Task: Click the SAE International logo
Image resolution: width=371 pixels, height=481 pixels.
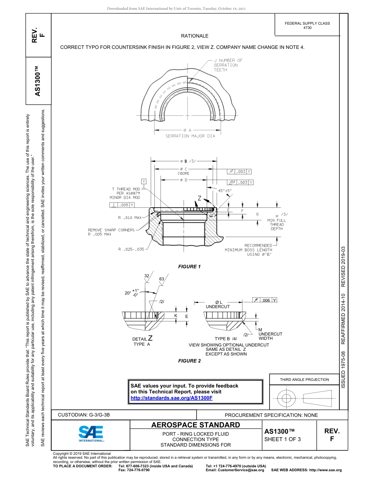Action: coord(91,433)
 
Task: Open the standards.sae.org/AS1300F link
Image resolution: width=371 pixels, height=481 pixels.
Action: coord(171,398)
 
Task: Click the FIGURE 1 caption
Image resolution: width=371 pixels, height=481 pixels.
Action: coord(189,267)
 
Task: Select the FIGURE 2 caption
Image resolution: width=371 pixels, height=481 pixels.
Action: coord(189,361)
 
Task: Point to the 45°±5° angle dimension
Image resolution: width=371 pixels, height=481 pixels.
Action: coord(225,190)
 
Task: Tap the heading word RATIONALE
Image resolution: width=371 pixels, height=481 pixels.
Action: coord(194,36)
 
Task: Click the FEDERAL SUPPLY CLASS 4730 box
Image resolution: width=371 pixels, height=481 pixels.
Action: coord(307,25)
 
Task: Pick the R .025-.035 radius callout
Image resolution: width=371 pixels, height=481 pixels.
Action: coord(131,249)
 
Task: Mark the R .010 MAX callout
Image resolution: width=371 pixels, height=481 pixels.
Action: coord(130,217)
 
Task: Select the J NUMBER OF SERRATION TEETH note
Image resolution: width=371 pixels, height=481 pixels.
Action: coord(228,65)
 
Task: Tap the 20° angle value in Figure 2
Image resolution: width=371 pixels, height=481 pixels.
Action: coord(128,293)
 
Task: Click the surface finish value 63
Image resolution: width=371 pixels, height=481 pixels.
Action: coord(161,279)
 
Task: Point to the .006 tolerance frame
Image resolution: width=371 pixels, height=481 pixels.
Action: coord(265,300)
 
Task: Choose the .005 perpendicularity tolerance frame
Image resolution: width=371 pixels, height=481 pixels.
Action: coord(122,205)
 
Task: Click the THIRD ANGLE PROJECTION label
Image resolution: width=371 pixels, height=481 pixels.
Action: coord(304,379)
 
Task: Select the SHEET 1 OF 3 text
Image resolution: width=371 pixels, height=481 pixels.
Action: coord(282,439)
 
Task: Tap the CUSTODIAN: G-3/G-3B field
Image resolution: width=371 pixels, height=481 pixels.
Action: coord(87,415)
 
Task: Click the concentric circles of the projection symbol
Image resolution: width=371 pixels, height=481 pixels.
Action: coord(287,398)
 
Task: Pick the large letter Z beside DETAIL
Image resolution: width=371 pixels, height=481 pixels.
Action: coord(150,338)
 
